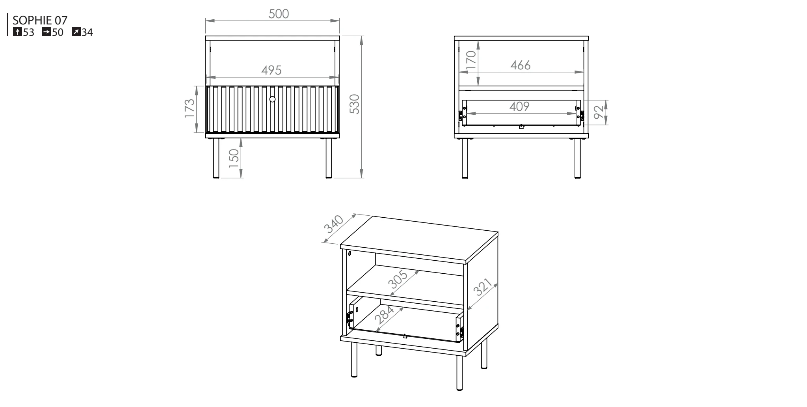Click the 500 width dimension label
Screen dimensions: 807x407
click(x=279, y=14)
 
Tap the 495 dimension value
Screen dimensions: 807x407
click(x=271, y=70)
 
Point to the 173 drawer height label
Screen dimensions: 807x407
click(x=190, y=108)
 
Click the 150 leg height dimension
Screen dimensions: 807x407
click(x=234, y=159)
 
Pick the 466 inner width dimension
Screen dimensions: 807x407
click(x=521, y=65)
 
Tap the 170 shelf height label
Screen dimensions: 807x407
click(x=472, y=61)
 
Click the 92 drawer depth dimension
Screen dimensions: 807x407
click(x=598, y=112)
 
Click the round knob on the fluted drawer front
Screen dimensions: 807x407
click(x=272, y=99)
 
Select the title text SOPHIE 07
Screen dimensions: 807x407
click(x=40, y=20)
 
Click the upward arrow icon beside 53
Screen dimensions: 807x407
click(x=17, y=32)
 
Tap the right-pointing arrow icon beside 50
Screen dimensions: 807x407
click(x=46, y=32)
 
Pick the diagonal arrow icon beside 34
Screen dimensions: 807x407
click(x=76, y=32)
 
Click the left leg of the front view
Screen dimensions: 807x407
click(x=216, y=159)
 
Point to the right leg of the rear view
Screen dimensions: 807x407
click(x=578, y=159)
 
